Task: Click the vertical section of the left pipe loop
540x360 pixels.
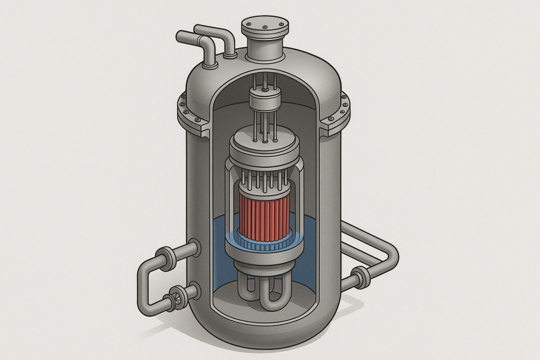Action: coord(144,285)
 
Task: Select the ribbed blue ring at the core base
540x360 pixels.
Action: coord(265,244)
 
